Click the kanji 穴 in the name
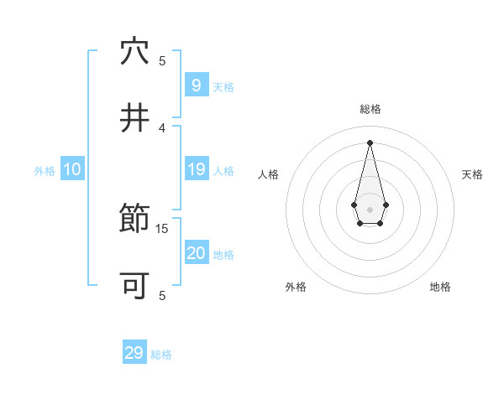point(134,52)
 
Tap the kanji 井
point(134,118)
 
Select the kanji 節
point(134,220)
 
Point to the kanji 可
point(134,286)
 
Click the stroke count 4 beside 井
point(163,127)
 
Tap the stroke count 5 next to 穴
point(163,60)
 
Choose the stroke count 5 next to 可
point(163,295)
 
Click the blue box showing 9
point(196,85)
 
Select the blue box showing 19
point(196,169)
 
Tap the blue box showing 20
point(196,253)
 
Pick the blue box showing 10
point(72,169)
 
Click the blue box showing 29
point(134,353)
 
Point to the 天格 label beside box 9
point(223,87)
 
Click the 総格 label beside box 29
point(161,355)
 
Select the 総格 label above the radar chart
point(370,109)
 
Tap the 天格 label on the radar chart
point(472,174)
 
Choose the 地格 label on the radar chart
point(440,288)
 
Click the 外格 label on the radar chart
point(296,288)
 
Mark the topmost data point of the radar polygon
point(370,142)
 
